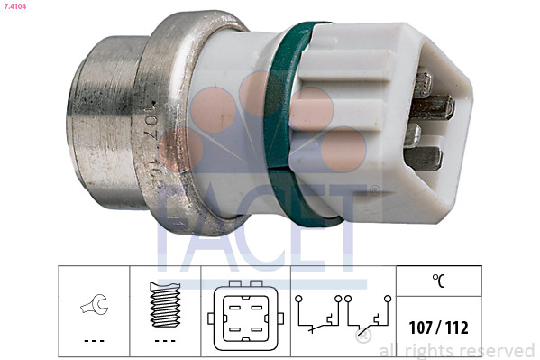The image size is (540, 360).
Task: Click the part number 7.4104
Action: tap(15, 7)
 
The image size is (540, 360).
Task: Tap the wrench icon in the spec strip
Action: tap(94, 306)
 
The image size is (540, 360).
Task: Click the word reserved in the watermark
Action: tap(498, 350)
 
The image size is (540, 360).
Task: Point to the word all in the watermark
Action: tap(390, 350)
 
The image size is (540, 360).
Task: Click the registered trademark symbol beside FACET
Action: tap(373, 190)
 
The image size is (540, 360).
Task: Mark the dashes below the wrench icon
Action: tap(94, 340)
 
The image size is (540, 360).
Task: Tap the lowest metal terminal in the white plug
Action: tap(425, 158)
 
